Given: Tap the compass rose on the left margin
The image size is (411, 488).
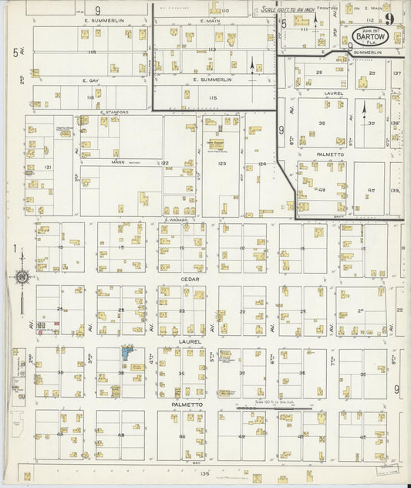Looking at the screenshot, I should [22, 276].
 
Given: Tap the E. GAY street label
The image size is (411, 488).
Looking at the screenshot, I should [93, 80].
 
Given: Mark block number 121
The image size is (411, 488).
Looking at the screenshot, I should [47, 167].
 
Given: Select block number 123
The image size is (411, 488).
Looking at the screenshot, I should [221, 164].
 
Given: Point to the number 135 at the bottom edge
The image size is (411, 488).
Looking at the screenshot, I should [204, 473].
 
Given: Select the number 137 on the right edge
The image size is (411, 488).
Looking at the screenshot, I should [396, 73].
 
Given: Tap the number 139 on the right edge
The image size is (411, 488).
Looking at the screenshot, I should [395, 190].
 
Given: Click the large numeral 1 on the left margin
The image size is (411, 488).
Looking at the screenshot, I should [15, 248].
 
